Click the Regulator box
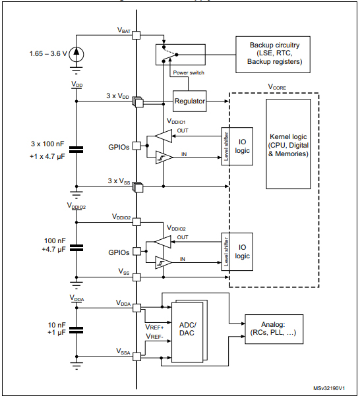point(190,101)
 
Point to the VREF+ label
point(154,326)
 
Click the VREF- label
point(154,336)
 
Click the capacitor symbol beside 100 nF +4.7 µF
point(76,247)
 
